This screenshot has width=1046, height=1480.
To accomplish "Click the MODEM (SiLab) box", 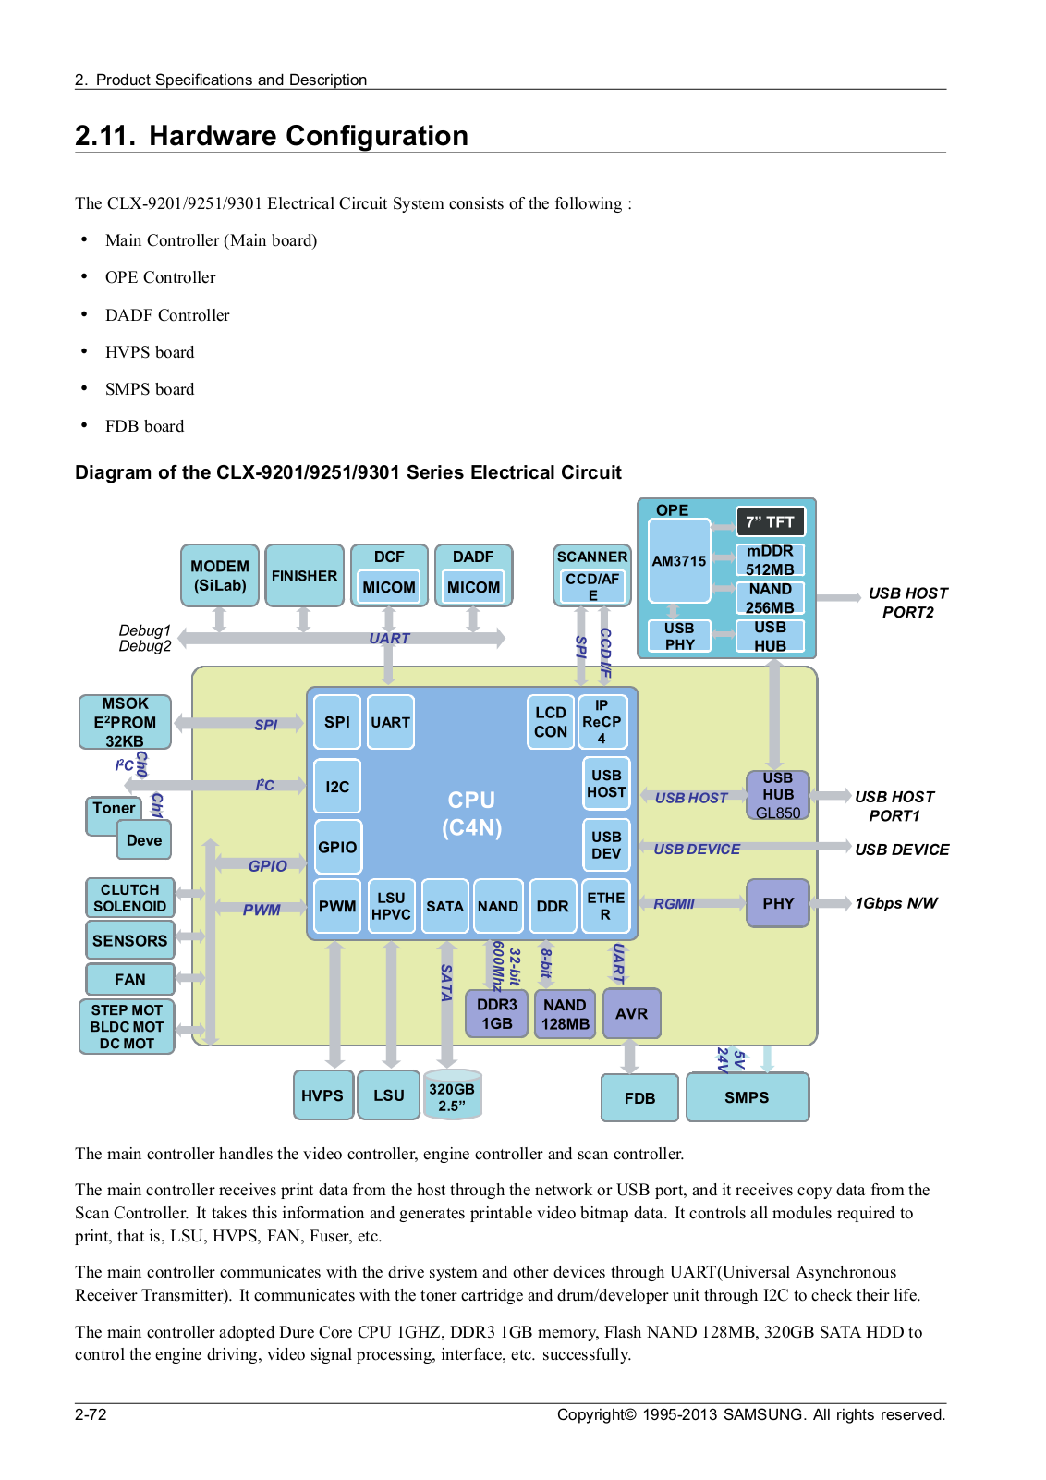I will point(219,575).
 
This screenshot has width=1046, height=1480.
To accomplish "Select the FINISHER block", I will point(304,575).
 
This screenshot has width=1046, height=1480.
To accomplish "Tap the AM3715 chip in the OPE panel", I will point(679,560).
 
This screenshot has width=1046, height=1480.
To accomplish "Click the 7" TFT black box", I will point(771,521).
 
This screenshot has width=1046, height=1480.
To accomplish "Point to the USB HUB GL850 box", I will point(778,795).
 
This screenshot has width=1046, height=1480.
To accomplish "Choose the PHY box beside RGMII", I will point(778,903).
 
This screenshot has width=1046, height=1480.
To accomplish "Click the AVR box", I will point(631,1013).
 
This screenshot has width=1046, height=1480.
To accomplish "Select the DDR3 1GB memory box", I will point(496,1013).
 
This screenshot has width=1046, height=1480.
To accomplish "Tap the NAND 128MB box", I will point(565,1013).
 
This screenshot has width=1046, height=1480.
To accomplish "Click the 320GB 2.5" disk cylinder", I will point(452,1095).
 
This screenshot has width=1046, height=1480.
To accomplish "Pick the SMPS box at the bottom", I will point(747,1097).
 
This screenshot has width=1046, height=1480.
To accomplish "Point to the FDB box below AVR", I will point(639,1097).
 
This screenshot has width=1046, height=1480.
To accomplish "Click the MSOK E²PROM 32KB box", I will point(125,722).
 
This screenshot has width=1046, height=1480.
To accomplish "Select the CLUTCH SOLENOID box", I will point(129,898).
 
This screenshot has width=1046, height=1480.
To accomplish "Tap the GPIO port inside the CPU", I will point(337,847).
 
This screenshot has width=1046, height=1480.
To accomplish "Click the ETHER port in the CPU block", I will point(606,906).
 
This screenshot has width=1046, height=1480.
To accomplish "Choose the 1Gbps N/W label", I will point(895,903).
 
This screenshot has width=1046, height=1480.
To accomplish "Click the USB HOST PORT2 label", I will point(907,603).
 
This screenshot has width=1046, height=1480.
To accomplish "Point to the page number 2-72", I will point(91,1414).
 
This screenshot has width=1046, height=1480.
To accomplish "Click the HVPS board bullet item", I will point(150,352).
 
